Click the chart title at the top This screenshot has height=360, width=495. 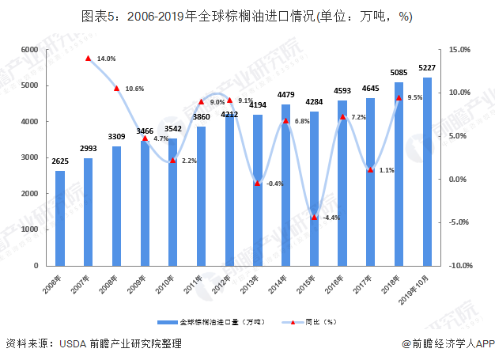(x=247, y=16)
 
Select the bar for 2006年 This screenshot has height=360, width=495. (x=60, y=218)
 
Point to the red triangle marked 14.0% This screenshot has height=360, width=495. (x=89, y=59)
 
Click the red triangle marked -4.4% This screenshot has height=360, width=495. (x=314, y=217)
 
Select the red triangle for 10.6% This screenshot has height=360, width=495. (x=116, y=88)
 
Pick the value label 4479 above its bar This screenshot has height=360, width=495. (x=286, y=95)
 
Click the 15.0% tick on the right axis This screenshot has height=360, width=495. (x=459, y=50)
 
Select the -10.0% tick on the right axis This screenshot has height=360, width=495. (x=459, y=266)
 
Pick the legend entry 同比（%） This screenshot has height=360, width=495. (x=312, y=323)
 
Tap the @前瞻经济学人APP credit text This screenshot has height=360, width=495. (x=448, y=343)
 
